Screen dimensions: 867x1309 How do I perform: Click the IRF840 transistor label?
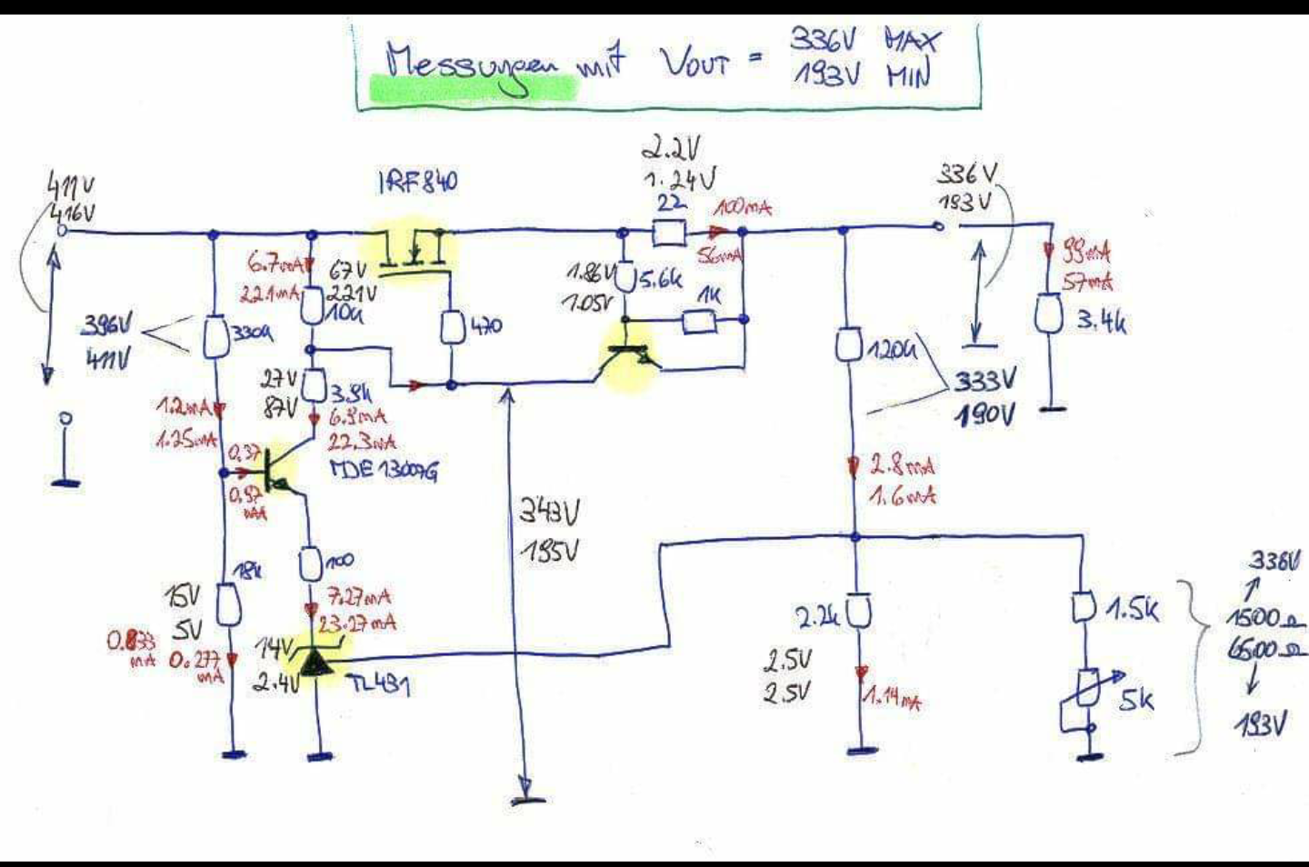pyautogui.click(x=418, y=183)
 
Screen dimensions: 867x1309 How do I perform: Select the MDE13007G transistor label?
pyautogui.click(x=383, y=470)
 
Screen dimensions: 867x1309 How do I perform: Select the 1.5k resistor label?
pyautogui.click(x=1132, y=610)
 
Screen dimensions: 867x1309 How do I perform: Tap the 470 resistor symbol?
pyautogui.click(x=452, y=328)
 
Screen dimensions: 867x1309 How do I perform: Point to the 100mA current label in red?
pyautogui.click(x=743, y=208)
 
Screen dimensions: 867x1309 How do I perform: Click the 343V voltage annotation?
pyautogui.click(x=549, y=513)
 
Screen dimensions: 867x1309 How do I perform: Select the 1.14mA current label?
pyautogui.click(x=892, y=700)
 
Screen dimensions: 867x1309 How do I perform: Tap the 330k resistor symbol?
pyautogui.click(x=215, y=336)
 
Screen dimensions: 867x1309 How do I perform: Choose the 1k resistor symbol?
pyautogui.click(x=699, y=321)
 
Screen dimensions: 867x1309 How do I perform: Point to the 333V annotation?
pyautogui.click(x=984, y=380)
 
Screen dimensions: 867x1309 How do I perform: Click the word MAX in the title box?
pyautogui.click(x=913, y=39)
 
